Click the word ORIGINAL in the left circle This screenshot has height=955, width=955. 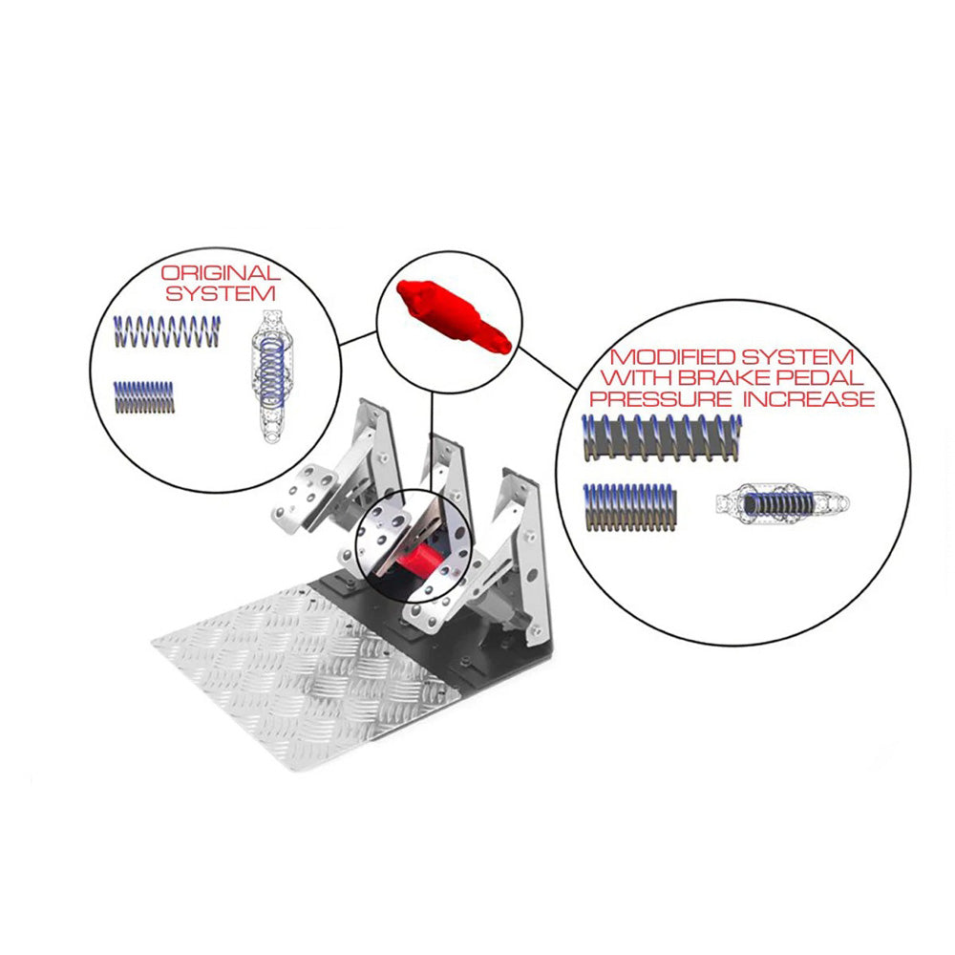222,274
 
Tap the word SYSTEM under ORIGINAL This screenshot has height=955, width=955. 222,293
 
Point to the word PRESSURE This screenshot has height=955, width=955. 669,398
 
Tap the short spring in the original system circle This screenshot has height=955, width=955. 144,397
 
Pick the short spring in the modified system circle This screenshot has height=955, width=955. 630,506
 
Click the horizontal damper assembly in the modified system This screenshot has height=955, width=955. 782,503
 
